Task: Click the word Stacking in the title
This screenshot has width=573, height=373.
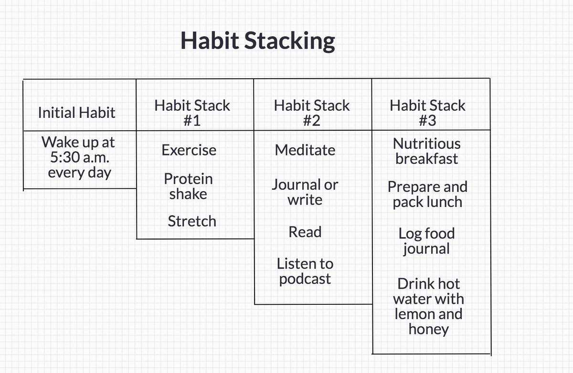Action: (289, 41)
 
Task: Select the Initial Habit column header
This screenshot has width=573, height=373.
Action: (77, 113)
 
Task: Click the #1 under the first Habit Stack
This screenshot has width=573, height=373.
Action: (192, 121)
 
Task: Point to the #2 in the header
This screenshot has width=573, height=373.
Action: (311, 121)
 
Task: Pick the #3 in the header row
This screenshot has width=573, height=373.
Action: (427, 121)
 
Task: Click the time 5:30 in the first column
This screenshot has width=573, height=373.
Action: (65, 157)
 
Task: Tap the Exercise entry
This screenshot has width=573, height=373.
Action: (189, 150)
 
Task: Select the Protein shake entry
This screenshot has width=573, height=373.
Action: (188, 186)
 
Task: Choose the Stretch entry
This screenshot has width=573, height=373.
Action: (192, 221)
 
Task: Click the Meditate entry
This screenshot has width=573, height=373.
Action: (305, 150)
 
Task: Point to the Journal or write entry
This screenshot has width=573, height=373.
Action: (305, 192)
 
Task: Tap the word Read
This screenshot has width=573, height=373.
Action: (305, 232)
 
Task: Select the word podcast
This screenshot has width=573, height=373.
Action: (305, 279)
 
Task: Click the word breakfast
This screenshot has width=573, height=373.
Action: (427, 159)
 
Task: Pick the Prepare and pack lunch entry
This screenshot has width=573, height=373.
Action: (427, 195)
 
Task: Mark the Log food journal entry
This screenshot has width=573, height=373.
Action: (427, 241)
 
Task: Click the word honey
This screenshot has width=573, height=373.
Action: (429, 330)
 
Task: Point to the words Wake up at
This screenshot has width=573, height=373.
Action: (78, 143)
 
